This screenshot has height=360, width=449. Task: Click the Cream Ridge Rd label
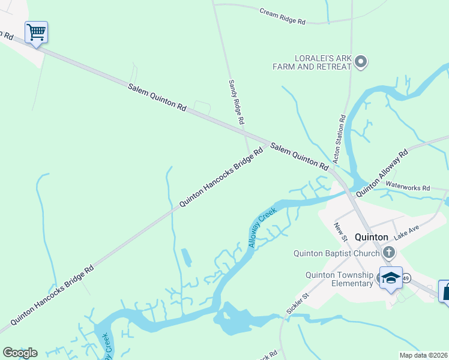click(x=283, y=16)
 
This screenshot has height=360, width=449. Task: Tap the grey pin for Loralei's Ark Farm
click(x=361, y=61)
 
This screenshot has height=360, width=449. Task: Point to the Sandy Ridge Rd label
click(x=237, y=102)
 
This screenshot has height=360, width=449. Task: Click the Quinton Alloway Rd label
click(x=382, y=174)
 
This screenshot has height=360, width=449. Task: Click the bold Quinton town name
click(x=372, y=237)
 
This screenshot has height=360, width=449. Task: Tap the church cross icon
click(x=389, y=253)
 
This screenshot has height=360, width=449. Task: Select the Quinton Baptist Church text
click(x=337, y=253)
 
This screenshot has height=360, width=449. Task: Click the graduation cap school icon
click(x=391, y=277)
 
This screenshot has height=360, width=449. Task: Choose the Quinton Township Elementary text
click(x=340, y=279)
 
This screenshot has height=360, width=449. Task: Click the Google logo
click(x=20, y=353)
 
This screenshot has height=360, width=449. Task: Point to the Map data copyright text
click(x=423, y=355)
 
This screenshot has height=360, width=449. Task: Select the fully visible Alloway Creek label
click(x=262, y=227)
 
